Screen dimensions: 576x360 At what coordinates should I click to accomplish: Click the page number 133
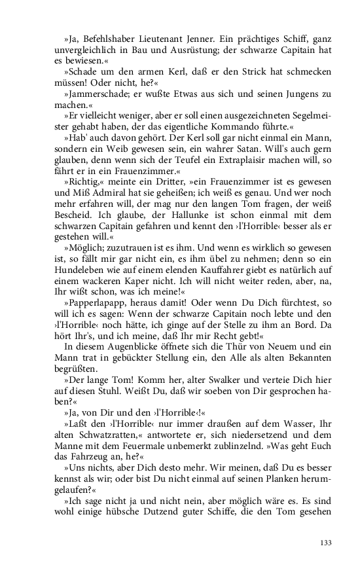click(327, 543)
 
